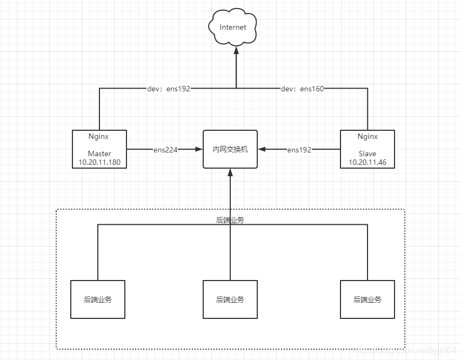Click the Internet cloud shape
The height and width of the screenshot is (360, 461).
click(x=232, y=28)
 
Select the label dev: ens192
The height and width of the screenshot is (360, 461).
click(x=169, y=89)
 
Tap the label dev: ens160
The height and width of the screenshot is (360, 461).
click(x=303, y=89)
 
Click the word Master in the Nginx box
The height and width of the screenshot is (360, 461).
click(x=99, y=154)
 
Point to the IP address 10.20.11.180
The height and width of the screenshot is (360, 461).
click(x=99, y=162)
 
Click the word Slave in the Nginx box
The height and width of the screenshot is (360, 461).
click(x=367, y=154)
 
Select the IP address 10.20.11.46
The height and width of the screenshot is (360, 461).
click(x=367, y=162)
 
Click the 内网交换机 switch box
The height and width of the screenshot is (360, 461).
click(x=230, y=149)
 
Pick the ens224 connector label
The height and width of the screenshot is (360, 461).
click(x=165, y=150)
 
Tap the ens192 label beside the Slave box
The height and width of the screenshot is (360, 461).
click(x=299, y=150)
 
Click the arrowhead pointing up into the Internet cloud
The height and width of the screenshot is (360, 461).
click(x=236, y=49)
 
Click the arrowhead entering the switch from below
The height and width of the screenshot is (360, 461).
click(x=230, y=172)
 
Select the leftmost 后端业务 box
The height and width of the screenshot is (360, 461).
click(x=98, y=299)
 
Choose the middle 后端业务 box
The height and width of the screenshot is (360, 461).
click(x=230, y=299)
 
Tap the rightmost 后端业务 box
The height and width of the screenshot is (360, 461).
click(x=367, y=299)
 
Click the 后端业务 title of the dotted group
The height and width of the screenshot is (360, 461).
click(x=230, y=220)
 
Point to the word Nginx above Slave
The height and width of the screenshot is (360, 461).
click(x=368, y=137)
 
